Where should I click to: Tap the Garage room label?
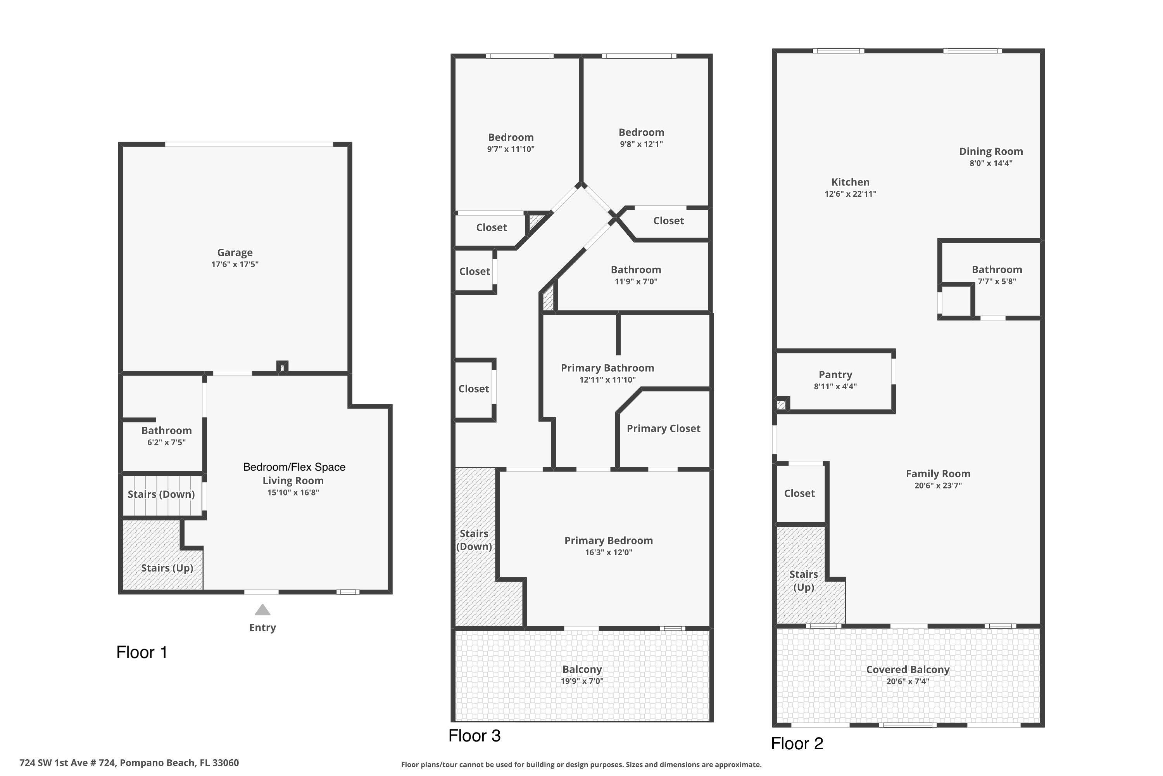point(235,253)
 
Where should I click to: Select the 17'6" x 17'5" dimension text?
point(235,264)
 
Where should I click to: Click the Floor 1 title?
point(142,652)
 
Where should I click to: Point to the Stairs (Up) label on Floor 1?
point(167,568)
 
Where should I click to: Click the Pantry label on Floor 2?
point(835,375)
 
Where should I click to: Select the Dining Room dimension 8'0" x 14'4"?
point(991,163)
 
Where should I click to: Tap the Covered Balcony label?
point(908,670)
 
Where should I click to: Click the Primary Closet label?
point(663,429)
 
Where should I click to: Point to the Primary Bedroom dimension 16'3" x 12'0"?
point(608,552)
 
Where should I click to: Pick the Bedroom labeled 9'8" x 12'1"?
point(641,133)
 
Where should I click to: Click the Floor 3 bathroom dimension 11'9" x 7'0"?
point(636,282)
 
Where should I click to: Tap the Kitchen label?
point(850,182)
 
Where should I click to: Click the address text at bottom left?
point(129,763)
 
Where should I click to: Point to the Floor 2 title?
point(797,743)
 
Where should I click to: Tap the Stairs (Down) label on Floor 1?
point(161,494)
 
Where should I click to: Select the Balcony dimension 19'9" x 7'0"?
point(582,681)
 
